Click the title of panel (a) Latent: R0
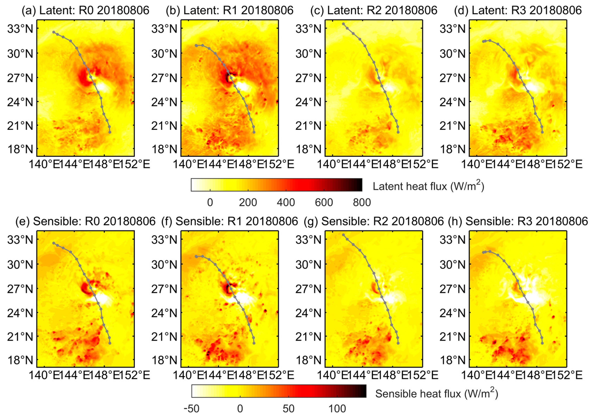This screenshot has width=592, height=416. (85, 10)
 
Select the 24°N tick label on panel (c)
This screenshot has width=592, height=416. (308, 102)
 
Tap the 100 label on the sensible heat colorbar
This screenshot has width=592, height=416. (337, 409)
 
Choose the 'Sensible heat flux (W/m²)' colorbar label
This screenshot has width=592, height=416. (436, 393)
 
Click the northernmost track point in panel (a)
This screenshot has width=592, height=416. (54, 32)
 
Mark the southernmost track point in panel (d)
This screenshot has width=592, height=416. (542, 132)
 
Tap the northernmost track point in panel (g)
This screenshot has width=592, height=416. (343, 235)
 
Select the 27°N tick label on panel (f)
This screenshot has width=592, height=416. (164, 289)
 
